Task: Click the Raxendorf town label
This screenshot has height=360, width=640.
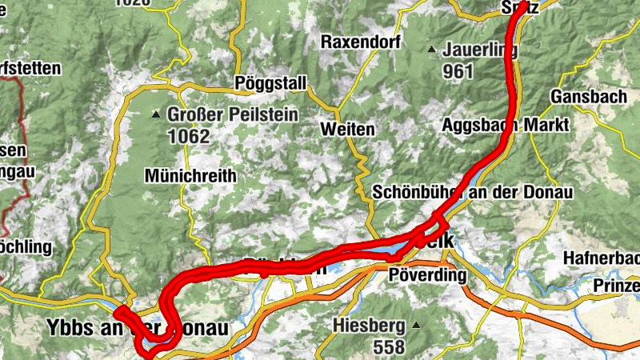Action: point(360,42)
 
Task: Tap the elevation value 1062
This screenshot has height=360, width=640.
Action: point(189,136)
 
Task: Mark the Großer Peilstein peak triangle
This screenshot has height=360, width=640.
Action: point(157,115)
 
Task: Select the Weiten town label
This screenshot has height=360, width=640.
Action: point(346,129)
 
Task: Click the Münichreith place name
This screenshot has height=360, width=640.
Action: point(190,175)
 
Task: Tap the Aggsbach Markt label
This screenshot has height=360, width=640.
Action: point(505,126)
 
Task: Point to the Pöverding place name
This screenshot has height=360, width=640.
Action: point(426,275)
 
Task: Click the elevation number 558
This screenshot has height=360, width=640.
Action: point(388,346)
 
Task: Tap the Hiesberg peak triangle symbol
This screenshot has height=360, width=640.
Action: point(417,326)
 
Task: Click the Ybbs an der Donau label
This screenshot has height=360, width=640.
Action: point(133,328)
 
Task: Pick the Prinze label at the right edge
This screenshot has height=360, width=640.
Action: point(616,286)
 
